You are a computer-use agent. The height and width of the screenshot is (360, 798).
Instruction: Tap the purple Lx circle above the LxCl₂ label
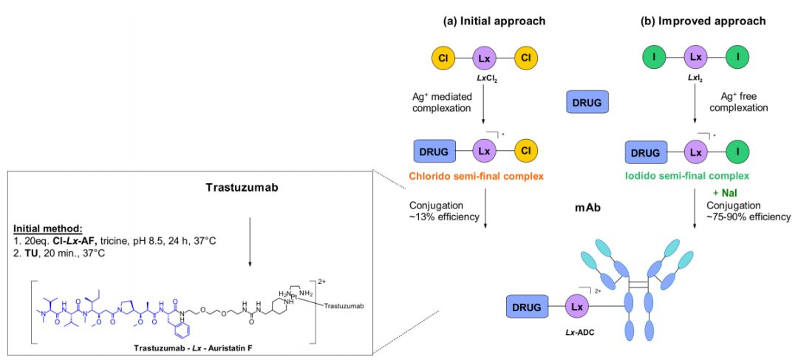pyautogui.click(x=485, y=58)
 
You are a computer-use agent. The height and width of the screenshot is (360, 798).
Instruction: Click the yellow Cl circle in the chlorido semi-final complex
pyautogui.click(x=526, y=152)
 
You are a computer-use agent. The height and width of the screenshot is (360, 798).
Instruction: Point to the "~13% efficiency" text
pyautogui.click(x=439, y=217)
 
